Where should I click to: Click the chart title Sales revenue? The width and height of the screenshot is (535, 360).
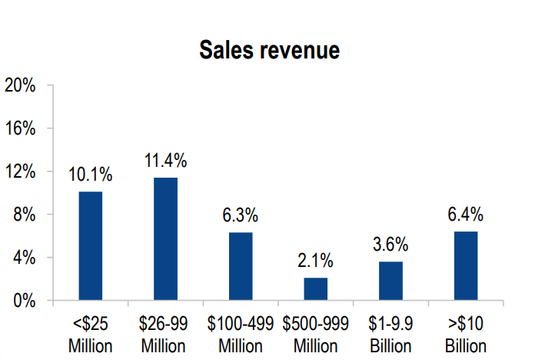click(269, 50)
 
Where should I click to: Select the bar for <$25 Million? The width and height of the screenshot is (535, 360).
click(90, 246)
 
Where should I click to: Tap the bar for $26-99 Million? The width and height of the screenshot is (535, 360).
click(165, 239)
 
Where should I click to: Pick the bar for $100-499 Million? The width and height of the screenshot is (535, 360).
click(241, 266)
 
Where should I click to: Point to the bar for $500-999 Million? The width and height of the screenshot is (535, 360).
click(315, 289)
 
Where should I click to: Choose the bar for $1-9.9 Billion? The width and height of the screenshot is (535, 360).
click(390, 281)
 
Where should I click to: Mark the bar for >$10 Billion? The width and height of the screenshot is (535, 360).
click(466, 266)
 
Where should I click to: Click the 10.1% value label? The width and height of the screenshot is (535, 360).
click(90, 175)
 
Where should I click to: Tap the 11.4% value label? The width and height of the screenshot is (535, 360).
click(165, 162)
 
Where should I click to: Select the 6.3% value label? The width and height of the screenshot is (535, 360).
click(241, 216)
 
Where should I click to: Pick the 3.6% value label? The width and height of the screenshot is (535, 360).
click(390, 245)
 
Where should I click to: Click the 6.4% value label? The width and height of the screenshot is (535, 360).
click(466, 215)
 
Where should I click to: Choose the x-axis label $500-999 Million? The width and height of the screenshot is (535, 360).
click(315, 334)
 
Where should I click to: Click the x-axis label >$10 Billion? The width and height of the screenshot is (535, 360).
click(466, 334)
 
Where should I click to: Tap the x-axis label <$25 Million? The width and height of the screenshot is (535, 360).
click(90, 334)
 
